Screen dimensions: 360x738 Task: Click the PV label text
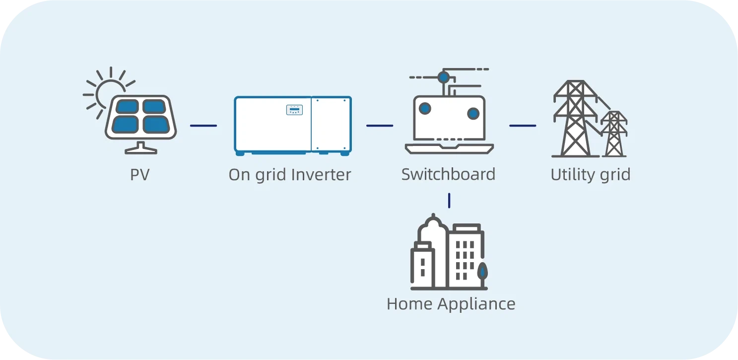pos(139,175)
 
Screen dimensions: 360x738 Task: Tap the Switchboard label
pos(448,175)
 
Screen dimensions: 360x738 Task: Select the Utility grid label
pos(590,175)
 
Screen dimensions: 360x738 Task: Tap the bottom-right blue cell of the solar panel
pos(154,124)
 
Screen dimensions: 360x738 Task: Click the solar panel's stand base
pos(140,149)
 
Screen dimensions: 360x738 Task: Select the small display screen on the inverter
pos(294,110)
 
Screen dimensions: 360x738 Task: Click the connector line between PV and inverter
pos(203,126)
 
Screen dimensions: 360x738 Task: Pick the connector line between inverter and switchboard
pos(380,126)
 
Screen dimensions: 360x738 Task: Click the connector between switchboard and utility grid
pos(523,126)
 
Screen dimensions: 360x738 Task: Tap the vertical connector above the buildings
pos(449,201)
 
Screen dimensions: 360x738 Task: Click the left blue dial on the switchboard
pos(425,109)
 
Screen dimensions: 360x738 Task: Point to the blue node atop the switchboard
pos(443,77)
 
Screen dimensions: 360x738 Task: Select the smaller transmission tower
pos(614,134)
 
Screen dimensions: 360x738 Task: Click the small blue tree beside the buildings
pos(482,272)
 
